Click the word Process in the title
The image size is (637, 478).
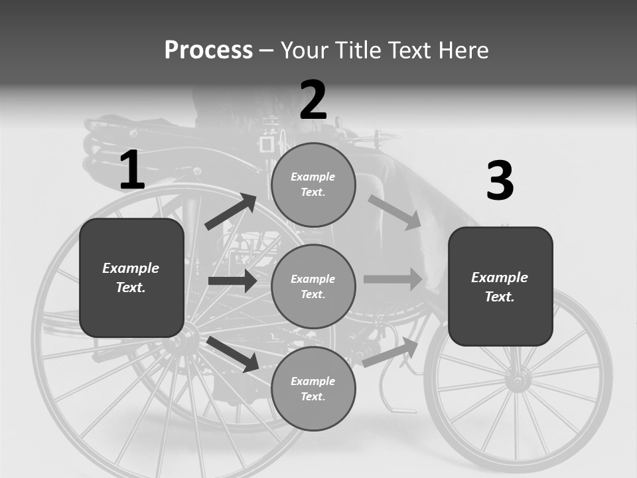click(x=208, y=50)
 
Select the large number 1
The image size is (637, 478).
click(x=132, y=171)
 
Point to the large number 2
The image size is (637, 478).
click(x=313, y=101)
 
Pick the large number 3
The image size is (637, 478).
click(x=500, y=181)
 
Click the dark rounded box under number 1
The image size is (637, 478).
click(x=131, y=278)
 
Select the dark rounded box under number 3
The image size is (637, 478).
click(x=500, y=286)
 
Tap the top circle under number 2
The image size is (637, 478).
click(x=313, y=185)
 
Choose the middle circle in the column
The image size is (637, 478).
click(x=313, y=286)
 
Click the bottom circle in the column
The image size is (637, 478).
click(x=313, y=388)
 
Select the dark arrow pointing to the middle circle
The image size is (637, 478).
click(x=232, y=281)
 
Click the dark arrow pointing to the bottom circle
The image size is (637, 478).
click(x=233, y=355)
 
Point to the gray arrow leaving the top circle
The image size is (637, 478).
click(x=395, y=212)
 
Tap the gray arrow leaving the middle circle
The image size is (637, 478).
click(x=393, y=279)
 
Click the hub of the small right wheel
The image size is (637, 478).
click(x=518, y=380)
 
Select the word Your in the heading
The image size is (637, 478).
click(x=306, y=50)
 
